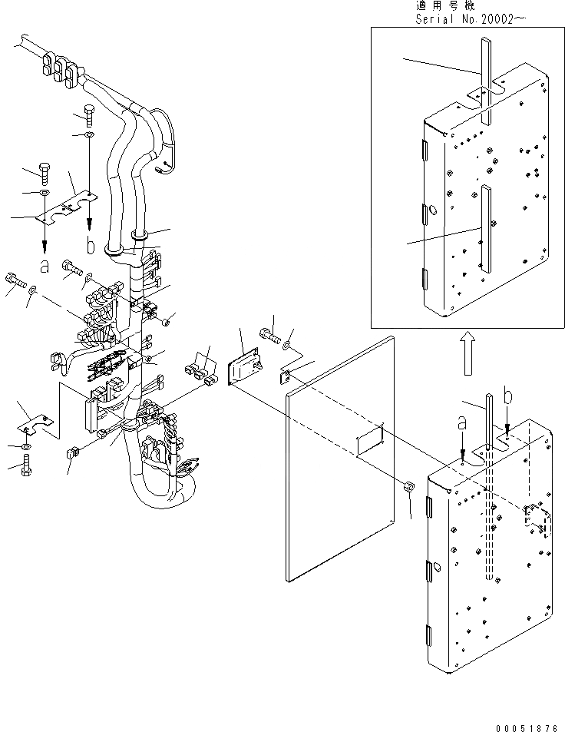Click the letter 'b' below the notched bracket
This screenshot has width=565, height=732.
[x=91, y=245]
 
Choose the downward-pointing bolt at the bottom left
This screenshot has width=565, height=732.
[x=26, y=464]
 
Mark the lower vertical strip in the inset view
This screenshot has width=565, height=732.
[x=485, y=227]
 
